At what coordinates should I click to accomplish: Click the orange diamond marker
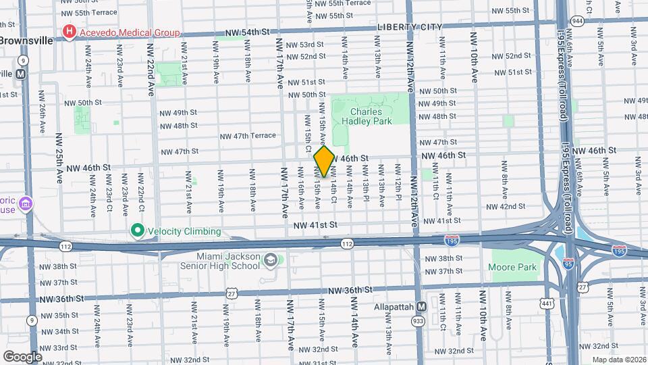tap(323, 162)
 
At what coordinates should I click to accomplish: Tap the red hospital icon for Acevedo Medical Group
tap(69, 32)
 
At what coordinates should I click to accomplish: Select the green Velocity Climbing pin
tap(138, 231)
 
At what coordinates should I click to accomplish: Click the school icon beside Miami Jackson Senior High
tap(270, 260)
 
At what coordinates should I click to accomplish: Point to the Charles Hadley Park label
tap(366, 117)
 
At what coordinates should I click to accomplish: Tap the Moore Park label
tap(512, 267)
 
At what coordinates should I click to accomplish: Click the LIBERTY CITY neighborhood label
tap(409, 27)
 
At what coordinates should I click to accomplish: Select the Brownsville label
tap(25, 41)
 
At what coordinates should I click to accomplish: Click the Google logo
tap(22, 356)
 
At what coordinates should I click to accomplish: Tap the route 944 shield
tap(578, 21)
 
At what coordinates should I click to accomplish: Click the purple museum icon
tap(26, 203)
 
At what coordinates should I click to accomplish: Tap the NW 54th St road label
tap(247, 32)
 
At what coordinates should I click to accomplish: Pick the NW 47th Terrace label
tap(248, 135)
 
